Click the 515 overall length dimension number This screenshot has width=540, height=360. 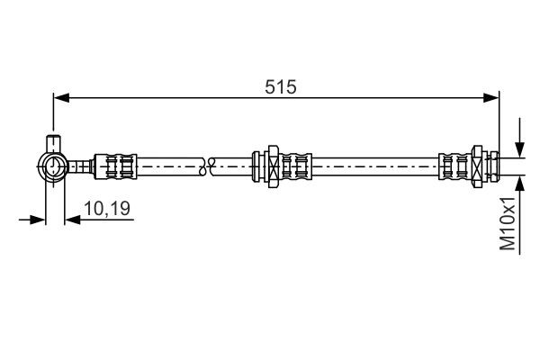point(281,86)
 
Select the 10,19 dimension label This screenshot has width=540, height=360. point(107,208)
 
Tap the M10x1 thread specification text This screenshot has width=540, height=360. point(509,224)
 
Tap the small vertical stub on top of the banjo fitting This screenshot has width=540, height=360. point(53,143)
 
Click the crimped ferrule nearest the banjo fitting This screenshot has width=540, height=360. point(118,165)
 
